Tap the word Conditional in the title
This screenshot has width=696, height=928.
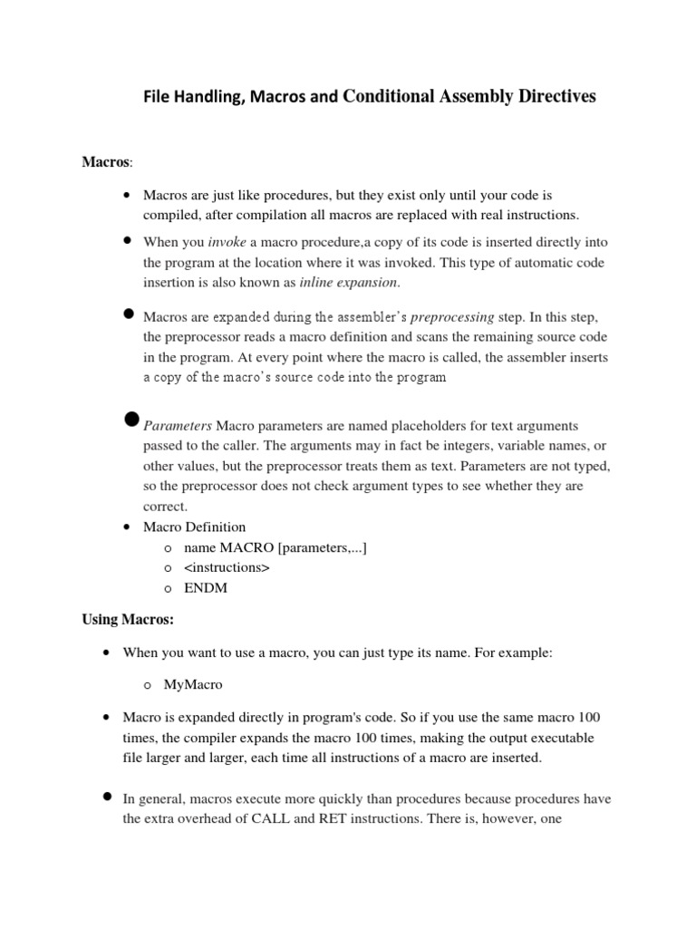385,97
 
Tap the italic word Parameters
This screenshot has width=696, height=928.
178,425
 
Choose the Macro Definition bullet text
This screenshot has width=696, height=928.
194,527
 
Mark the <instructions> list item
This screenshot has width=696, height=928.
227,567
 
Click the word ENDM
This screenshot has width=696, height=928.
205,587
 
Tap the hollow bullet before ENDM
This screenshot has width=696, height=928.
169,588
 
